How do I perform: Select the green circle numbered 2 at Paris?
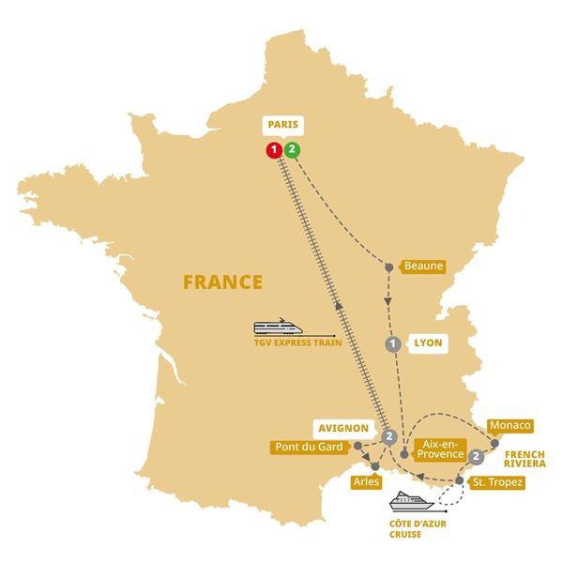(293, 149)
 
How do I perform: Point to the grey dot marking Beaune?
(389, 267)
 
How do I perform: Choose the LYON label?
(427, 343)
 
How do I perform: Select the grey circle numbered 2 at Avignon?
(388, 435)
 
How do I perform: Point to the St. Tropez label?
(497, 481)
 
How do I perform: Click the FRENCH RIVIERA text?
(529, 457)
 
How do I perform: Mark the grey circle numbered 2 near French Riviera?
(478, 457)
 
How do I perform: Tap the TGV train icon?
(282, 327)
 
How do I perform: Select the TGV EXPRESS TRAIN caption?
(297, 345)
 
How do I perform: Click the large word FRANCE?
(222, 281)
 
